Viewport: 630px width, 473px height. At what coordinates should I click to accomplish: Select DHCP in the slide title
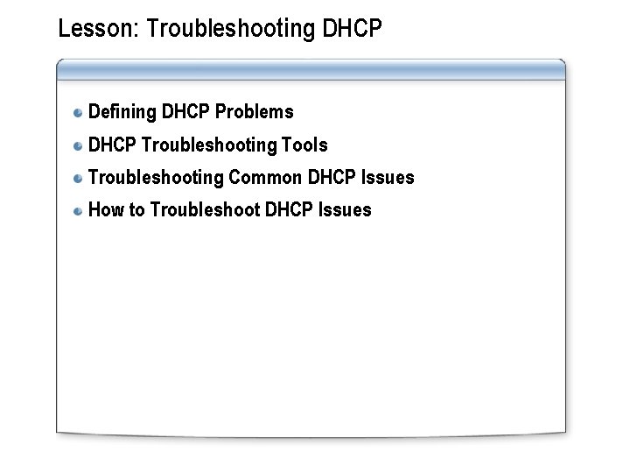(x=353, y=29)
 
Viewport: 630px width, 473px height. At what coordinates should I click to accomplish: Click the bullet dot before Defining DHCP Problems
(x=79, y=113)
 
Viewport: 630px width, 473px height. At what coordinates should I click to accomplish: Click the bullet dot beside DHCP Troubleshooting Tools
(x=79, y=145)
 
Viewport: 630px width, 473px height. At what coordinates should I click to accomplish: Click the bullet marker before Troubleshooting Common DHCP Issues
(x=79, y=178)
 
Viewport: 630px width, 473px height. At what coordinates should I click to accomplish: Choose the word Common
(x=265, y=177)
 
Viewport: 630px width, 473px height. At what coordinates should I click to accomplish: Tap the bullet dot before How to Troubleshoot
(x=79, y=210)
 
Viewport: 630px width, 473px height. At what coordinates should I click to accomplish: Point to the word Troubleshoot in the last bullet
(x=204, y=209)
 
